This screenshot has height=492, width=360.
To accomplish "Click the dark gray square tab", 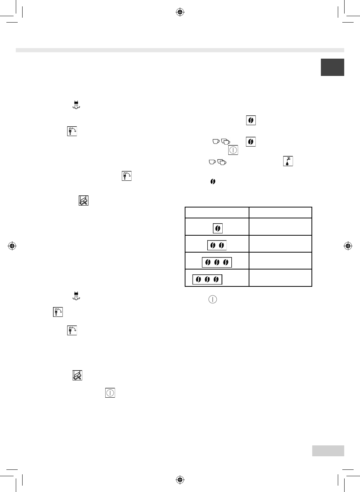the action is click(x=332, y=67).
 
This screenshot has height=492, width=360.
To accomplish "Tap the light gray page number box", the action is click(x=328, y=451).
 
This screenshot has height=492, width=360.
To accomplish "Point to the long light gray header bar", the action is click(x=180, y=50).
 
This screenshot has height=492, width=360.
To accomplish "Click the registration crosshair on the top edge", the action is click(x=180, y=12).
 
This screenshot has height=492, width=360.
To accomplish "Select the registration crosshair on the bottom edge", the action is click(x=180, y=480).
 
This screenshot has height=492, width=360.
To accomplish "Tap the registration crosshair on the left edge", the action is click(x=12, y=246).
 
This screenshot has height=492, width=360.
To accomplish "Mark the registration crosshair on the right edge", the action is click(x=348, y=246).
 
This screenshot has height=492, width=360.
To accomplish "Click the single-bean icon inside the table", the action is click(x=217, y=228).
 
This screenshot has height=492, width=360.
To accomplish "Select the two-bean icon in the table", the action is click(x=217, y=245).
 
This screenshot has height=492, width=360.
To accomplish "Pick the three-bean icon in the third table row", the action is click(x=217, y=262).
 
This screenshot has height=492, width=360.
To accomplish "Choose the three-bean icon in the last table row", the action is click(x=207, y=279).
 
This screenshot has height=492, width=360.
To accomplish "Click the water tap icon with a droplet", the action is click(x=288, y=161).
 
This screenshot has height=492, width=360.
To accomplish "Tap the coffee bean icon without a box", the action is click(x=213, y=182).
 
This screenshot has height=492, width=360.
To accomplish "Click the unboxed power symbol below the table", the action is click(x=213, y=300).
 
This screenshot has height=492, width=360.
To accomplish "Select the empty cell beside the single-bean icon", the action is click(x=280, y=227).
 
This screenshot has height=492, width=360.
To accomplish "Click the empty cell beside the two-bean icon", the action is click(x=280, y=244).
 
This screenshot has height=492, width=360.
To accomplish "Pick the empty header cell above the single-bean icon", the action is click(x=217, y=212).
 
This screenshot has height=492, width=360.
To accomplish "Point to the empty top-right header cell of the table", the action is click(x=280, y=212).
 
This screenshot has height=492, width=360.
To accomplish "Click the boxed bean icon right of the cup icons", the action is click(x=251, y=142).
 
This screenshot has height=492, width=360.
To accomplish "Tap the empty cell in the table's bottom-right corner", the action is click(x=280, y=278).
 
